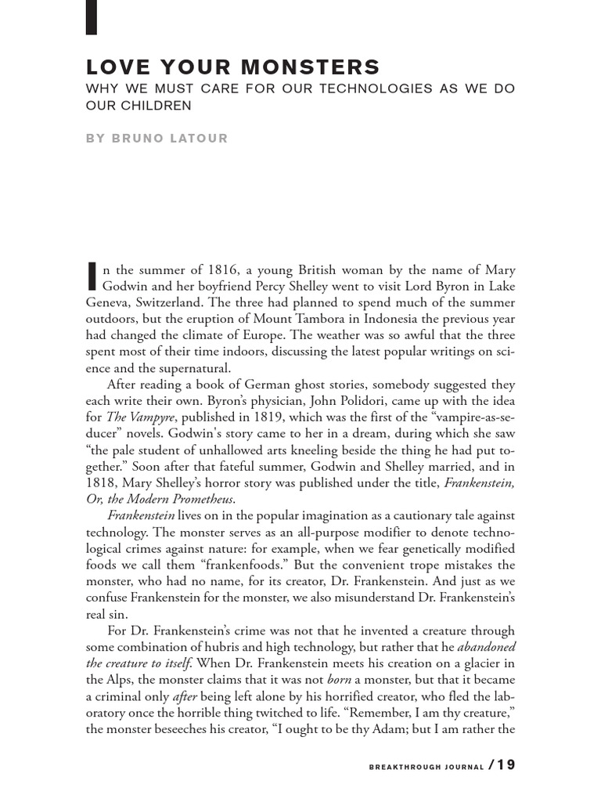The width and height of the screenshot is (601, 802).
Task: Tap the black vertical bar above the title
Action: pos(91,17)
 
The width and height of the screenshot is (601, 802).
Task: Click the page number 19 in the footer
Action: pos(506,765)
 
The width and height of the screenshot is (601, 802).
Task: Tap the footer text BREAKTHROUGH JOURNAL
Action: pos(426,767)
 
